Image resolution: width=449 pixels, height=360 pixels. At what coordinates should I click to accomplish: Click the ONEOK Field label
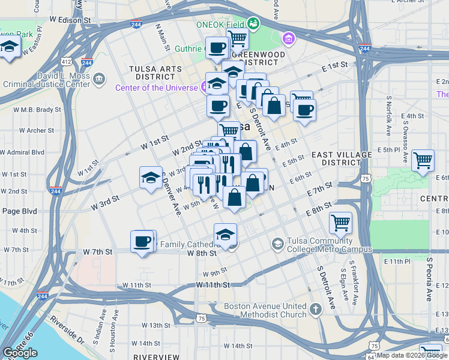(x=220, y=24)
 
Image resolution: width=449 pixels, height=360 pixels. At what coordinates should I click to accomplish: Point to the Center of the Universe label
(x=156, y=88)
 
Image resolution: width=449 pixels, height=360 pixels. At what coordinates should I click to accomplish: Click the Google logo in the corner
(x=20, y=353)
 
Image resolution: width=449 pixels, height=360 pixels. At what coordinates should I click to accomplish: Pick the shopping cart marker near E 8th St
(x=340, y=223)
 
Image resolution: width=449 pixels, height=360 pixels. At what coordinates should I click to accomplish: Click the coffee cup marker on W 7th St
(x=143, y=241)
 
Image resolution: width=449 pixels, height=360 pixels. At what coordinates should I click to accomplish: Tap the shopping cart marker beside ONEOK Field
(x=238, y=39)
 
